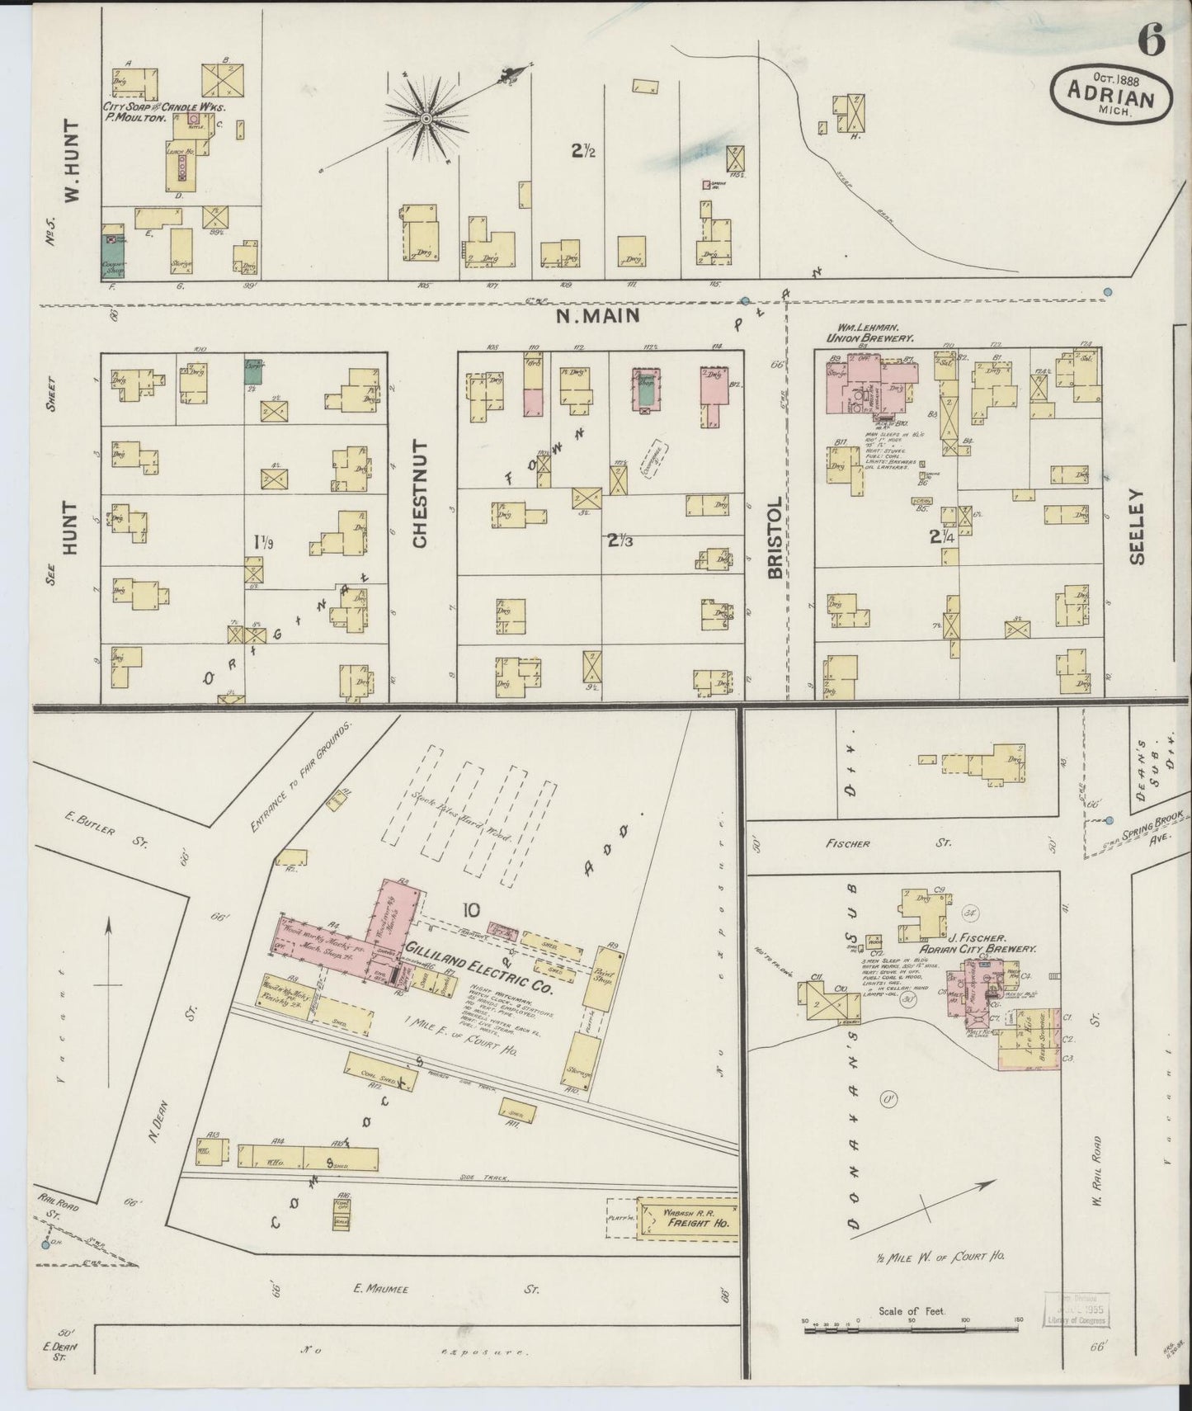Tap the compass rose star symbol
click(x=426, y=120)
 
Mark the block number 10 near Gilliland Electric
click(x=471, y=910)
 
